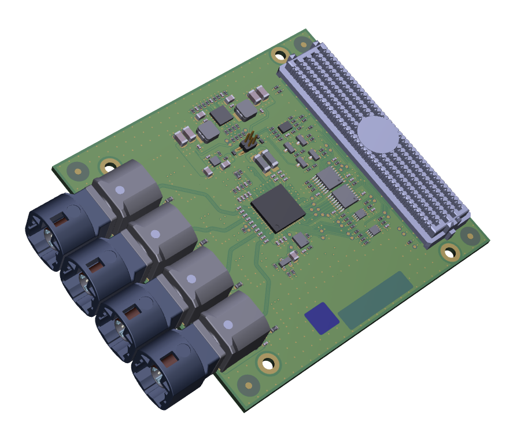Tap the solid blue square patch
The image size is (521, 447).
click(322, 318)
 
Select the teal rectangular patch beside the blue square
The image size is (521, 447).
click(375, 300)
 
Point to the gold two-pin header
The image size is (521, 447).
click(250, 141)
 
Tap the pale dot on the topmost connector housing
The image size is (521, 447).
click(120, 190)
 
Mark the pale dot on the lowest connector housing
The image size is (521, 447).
click(228, 324)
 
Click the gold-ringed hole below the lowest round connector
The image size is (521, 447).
click(267, 364)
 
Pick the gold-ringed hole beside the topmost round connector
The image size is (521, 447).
click(108, 166)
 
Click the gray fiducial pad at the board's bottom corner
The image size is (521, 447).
click(249, 385)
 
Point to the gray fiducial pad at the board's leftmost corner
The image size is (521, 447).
click(77, 171)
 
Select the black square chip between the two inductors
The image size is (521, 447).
click(221, 115)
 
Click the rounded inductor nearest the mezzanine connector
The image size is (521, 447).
click(246, 109)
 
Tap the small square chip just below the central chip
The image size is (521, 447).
click(301, 239)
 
